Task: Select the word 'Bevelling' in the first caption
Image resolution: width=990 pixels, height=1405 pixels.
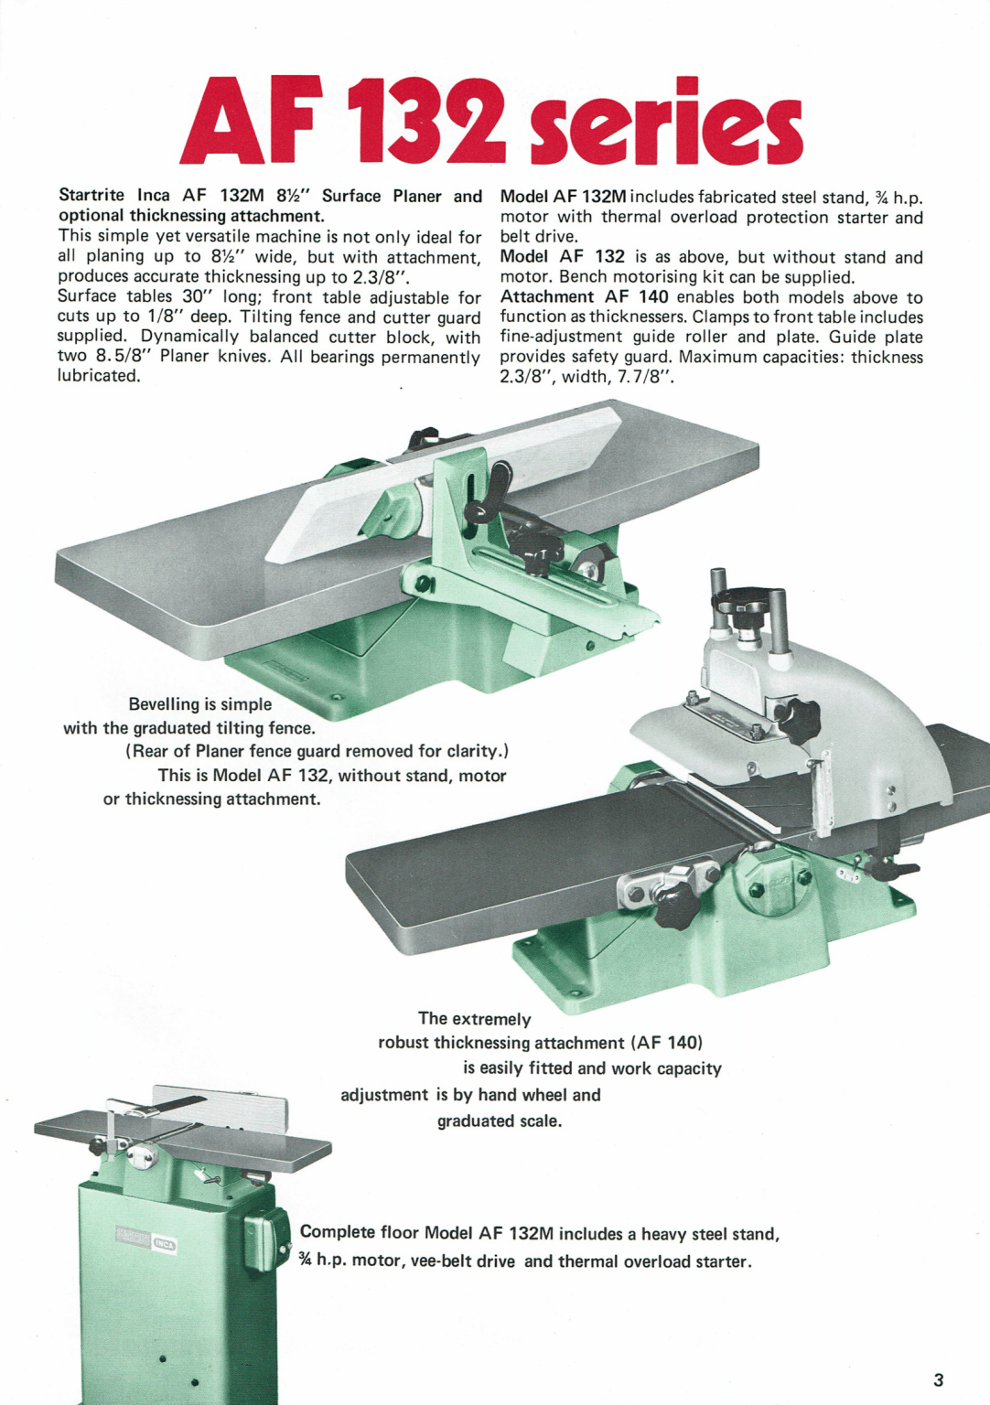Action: (x=163, y=704)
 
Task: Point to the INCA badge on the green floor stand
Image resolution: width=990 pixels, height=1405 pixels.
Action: (x=165, y=1242)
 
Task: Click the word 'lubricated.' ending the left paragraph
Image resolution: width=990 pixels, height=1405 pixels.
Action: (x=99, y=376)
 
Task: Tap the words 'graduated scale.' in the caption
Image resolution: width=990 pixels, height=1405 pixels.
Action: (x=499, y=1121)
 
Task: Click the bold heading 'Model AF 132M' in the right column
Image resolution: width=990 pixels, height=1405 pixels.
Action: (x=563, y=198)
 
